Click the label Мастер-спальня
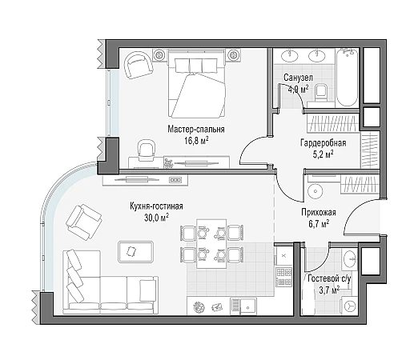196,130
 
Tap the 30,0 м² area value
157,218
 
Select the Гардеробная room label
324,143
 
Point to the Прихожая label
319,213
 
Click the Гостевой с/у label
329,278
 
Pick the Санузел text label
298,78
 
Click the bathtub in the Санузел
347,78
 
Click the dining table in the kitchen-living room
211,244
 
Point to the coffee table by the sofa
136,251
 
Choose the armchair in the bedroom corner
139,65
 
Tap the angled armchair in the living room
84,222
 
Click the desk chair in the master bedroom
146,149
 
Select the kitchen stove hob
283,277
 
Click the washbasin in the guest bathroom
350,258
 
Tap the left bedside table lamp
159,55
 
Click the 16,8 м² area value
196,141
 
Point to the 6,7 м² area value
319,224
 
